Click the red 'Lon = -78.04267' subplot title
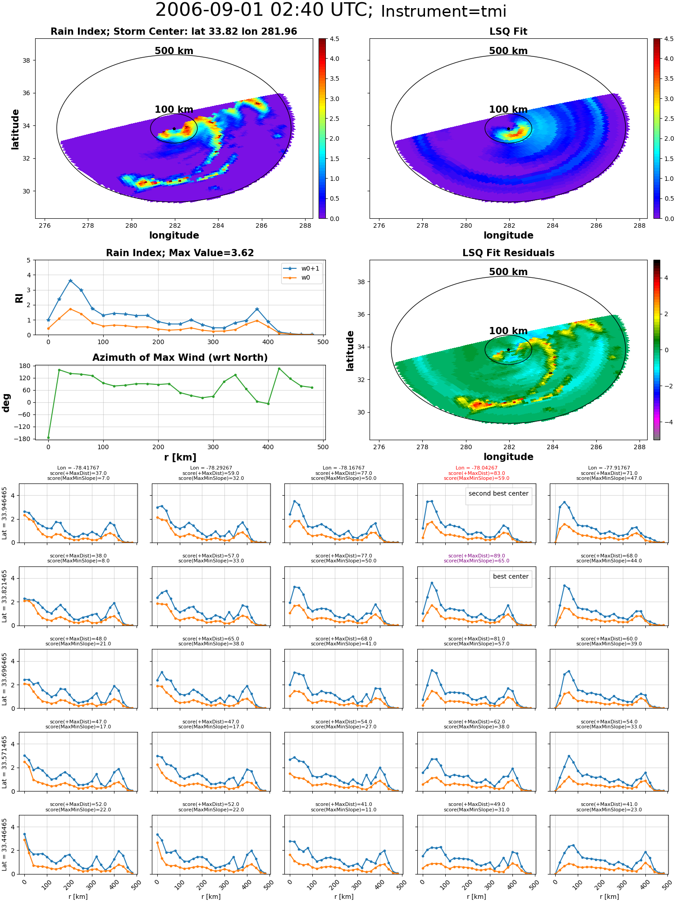click(476, 468)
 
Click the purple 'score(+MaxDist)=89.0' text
click(476, 556)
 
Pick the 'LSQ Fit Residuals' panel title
click(508, 253)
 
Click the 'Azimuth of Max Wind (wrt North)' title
click(180, 358)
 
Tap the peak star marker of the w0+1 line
click(70, 281)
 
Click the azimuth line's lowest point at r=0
click(48, 437)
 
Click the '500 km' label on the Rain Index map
click(174, 51)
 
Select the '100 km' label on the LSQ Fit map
click(508, 110)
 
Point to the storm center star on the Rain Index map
click(174, 129)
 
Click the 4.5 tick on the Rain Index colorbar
click(334, 39)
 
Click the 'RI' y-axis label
click(19, 298)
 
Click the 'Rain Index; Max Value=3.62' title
click(180, 253)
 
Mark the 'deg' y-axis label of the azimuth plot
click(6, 402)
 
